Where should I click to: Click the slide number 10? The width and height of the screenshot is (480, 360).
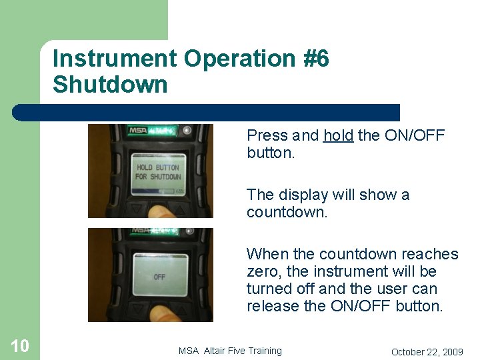tap(20, 345)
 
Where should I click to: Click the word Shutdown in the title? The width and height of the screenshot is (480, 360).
tap(110, 85)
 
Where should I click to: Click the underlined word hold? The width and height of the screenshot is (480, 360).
tap(339, 135)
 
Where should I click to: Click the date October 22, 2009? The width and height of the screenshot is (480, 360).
tap(427, 351)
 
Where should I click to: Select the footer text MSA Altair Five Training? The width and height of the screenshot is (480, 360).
tap(230, 351)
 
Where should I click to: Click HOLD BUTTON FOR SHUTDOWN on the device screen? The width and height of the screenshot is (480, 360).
tap(158, 172)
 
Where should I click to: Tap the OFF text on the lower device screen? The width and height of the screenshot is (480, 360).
tap(159, 277)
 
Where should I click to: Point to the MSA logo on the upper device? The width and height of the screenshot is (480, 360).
tap(139, 131)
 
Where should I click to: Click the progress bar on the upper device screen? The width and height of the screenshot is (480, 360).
tap(154, 191)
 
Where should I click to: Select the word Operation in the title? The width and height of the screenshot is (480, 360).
tap(238, 59)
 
